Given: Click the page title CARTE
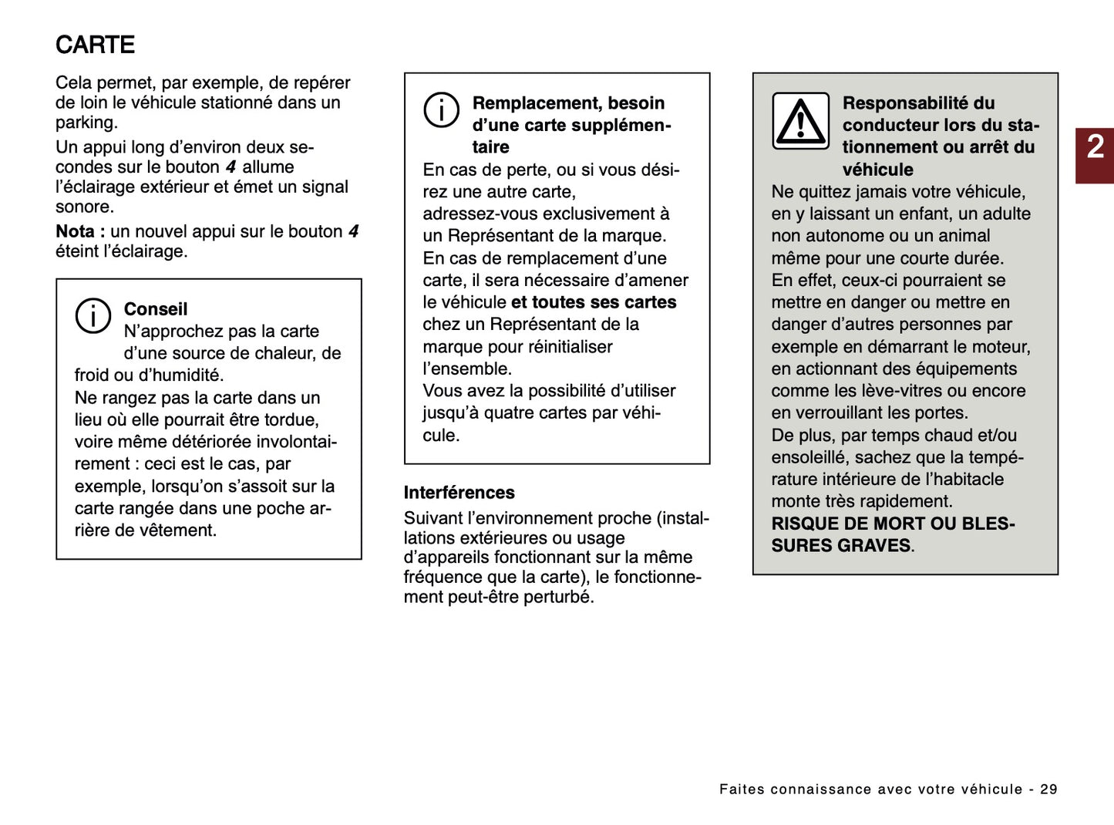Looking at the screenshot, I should coord(95,45).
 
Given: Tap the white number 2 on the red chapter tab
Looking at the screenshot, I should coord(1095,146).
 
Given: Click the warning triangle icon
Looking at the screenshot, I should coord(800,121).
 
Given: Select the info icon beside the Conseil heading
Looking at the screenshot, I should coord(93,315).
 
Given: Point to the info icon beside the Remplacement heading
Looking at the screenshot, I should coord(441,109).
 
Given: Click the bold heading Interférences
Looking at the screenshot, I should coord(459,493).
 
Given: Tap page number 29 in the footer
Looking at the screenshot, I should coord(1048,789).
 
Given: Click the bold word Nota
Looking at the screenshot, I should coord(75,231).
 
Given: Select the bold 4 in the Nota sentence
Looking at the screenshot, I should coord(353,231).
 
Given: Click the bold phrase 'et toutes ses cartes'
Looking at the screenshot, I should coord(593,302).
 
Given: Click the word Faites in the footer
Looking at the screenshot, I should coord(742,789).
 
